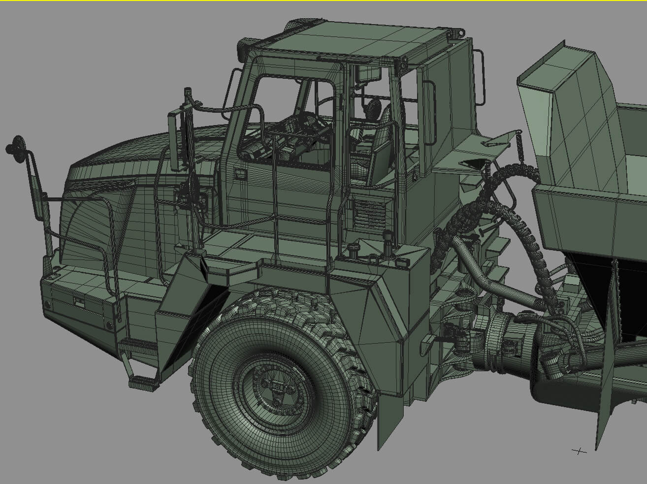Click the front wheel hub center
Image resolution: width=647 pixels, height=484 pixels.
[x=276, y=387]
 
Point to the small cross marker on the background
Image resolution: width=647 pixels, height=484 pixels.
[x=580, y=451]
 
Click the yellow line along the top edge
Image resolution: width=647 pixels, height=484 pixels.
[x=323, y=1]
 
